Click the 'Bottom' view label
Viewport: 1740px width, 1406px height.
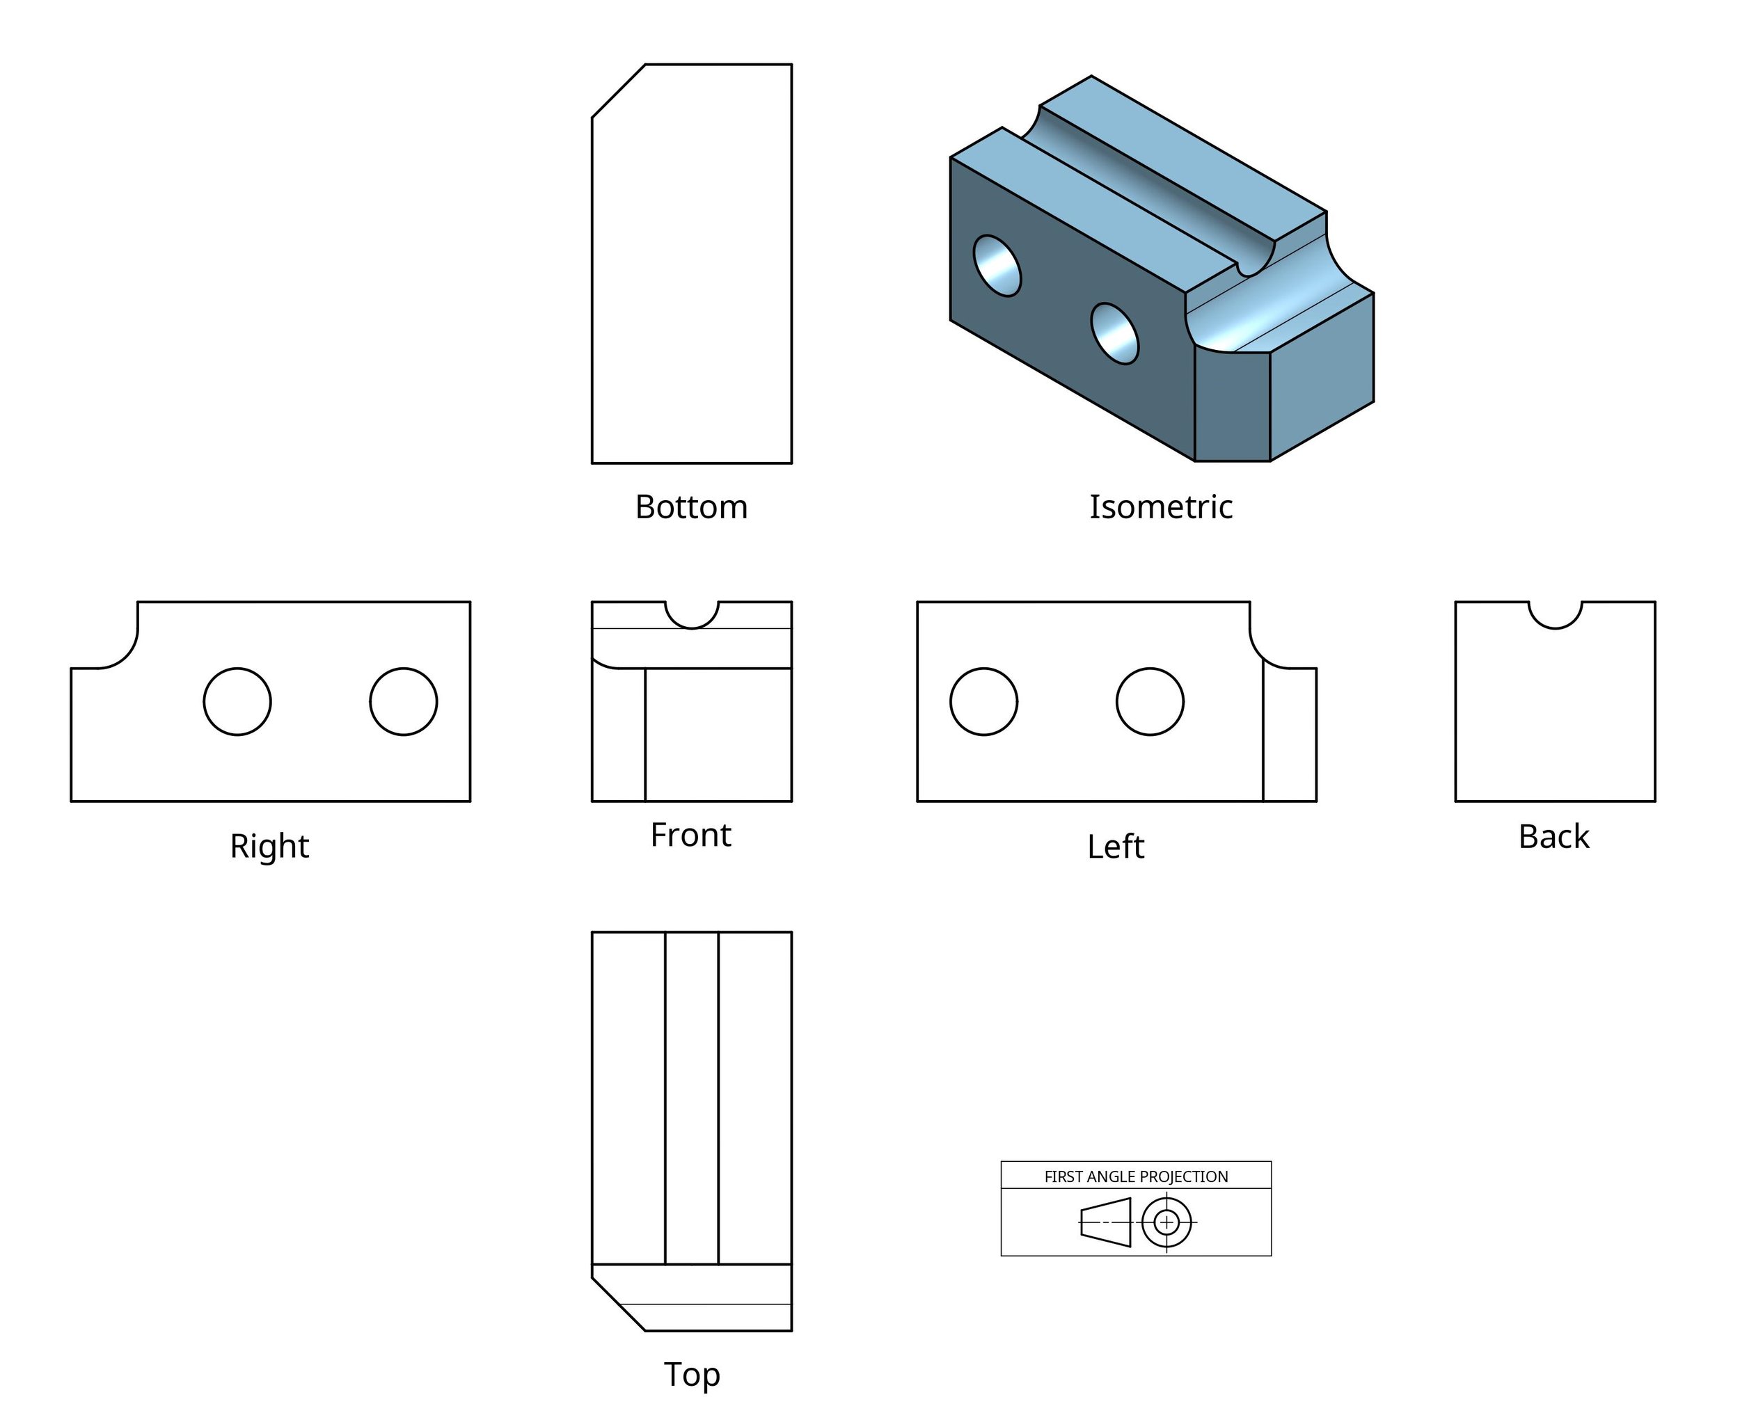[691, 507]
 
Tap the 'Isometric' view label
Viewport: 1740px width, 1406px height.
[1160, 507]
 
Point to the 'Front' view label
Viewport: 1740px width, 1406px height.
[690, 835]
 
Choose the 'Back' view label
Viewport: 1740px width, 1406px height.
[1553, 837]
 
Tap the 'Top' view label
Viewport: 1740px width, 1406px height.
[691, 1375]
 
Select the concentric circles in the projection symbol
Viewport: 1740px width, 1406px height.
[1166, 1222]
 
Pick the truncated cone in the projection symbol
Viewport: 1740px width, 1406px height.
[1106, 1222]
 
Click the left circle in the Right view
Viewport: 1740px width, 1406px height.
[237, 701]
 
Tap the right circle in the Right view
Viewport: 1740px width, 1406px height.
[404, 701]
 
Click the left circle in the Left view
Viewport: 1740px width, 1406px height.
[983, 701]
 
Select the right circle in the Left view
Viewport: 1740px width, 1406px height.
[1150, 701]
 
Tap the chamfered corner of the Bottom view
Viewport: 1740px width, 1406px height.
[619, 90]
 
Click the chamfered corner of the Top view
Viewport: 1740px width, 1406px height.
[619, 1304]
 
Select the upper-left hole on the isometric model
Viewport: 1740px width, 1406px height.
[997, 266]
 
